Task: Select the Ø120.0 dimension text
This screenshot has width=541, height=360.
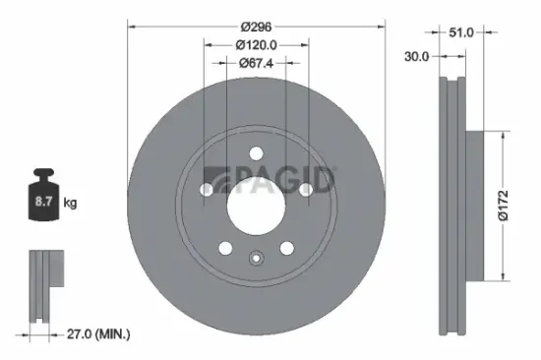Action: pyautogui.click(x=255, y=45)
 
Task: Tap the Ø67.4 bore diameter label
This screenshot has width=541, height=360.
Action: pyautogui.click(x=255, y=63)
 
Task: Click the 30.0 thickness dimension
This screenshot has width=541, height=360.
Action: pyautogui.click(x=416, y=56)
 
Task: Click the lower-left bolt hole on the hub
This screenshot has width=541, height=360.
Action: pyautogui.click(x=226, y=247)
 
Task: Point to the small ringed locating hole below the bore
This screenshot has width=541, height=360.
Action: pyautogui.click(x=255, y=260)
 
